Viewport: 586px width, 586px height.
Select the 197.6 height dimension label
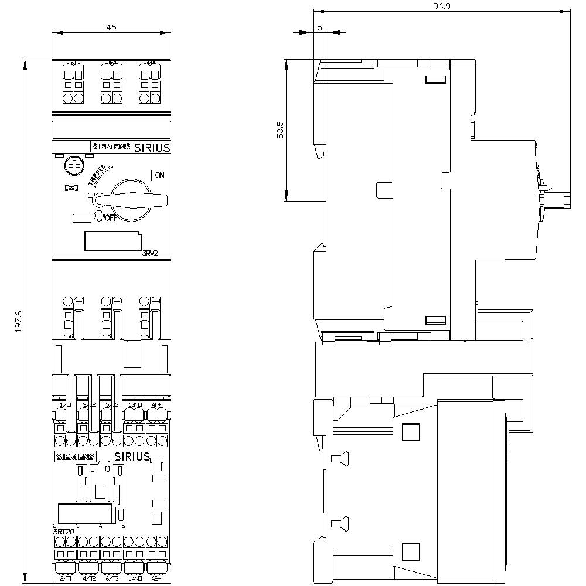pyautogui.click(x=18, y=321)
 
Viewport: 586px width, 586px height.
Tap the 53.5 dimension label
pyautogui.click(x=280, y=130)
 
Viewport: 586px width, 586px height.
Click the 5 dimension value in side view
pyautogui.click(x=319, y=27)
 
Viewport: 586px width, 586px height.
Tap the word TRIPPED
pyautogui.click(x=97, y=175)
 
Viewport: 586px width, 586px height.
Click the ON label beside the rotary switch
pyautogui.click(x=159, y=175)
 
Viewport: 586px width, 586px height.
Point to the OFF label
pyautogui.click(x=111, y=217)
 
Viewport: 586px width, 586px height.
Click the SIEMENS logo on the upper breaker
pyautogui.click(x=110, y=147)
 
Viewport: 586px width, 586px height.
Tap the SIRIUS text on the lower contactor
pyautogui.click(x=132, y=456)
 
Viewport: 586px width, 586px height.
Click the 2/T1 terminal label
pyautogui.click(x=66, y=579)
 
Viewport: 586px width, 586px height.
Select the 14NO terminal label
pyautogui.click(x=135, y=579)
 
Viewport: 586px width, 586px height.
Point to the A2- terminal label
pyautogui.click(x=156, y=579)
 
